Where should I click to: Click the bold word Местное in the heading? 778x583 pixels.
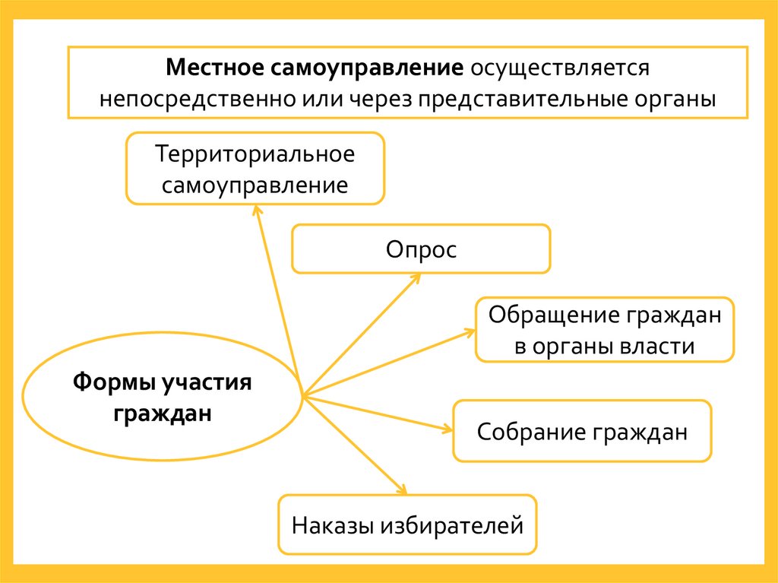click(214, 68)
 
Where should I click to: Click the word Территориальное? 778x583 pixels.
click(255, 154)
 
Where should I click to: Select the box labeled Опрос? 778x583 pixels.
click(421, 249)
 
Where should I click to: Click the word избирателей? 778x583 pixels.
click(452, 525)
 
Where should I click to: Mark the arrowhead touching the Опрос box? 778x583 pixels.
click(417, 277)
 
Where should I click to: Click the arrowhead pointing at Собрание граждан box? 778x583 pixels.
click(448, 429)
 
